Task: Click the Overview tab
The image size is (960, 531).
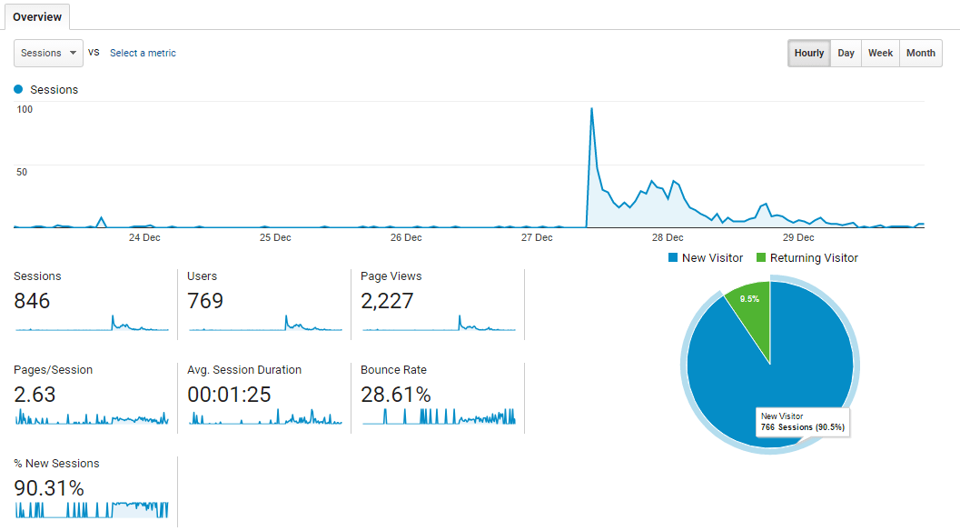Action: [37, 16]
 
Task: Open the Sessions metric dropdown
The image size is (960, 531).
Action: [48, 53]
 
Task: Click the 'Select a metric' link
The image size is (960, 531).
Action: [143, 53]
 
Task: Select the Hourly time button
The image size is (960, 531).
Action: [808, 53]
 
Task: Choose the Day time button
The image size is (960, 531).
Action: [846, 53]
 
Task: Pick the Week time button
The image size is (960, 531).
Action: [880, 53]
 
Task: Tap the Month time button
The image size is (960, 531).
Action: [920, 53]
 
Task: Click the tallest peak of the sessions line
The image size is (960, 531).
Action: [591, 109]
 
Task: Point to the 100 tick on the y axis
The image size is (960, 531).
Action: [25, 110]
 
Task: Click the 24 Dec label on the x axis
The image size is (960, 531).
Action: [144, 238]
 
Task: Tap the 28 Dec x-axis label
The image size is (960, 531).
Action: [668, 238]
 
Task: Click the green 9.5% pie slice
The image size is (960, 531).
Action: [750, 301]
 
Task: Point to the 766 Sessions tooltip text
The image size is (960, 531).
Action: [804, 427]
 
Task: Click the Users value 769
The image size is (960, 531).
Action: [205, 301]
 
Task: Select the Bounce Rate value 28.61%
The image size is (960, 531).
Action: [395, 395]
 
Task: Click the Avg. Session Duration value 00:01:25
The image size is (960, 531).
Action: [229, 395]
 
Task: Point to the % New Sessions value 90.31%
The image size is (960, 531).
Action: [49, 488]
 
